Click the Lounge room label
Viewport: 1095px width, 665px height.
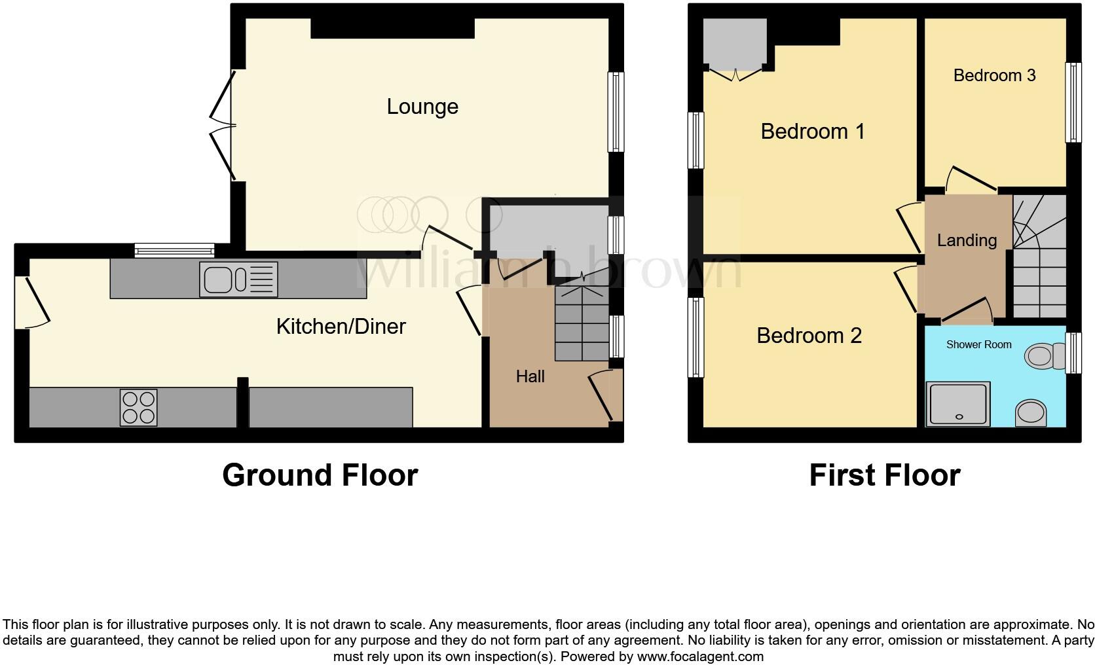(422, 107)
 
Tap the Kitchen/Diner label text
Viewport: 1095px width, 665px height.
(341, 326)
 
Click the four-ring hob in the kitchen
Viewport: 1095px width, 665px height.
(138, 407)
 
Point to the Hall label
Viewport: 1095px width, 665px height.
(530, 376)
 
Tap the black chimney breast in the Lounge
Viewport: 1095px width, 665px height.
(392, 27)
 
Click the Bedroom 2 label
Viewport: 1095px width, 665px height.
(809, 336)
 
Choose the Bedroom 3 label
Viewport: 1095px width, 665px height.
(994, 75)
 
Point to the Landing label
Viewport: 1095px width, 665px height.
(967, 240)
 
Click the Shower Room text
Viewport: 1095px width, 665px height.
(978, 344)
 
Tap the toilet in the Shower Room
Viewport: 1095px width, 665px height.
(1044, 357)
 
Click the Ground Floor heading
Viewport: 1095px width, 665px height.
(320, 475)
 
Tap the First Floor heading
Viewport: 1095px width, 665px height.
(884, 475)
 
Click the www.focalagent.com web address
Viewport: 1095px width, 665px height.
(699, 656)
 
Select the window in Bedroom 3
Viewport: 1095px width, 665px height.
(1073, 102)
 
